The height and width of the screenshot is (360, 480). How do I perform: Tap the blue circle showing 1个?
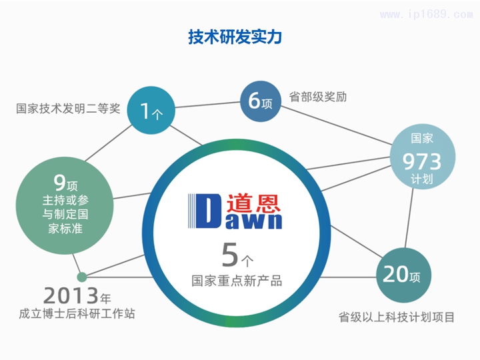pyautogui.click(x=151, y=111)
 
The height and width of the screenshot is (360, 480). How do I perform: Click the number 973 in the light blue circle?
pyautogui.click(x=421, y=161)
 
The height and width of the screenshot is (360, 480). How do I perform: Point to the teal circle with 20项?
pyautogui.click(x=402, y=274)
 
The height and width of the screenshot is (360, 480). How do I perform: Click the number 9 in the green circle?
pyautogui.click(x=59, y=181)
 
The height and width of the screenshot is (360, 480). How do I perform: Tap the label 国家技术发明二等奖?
pyautogui.click(x=68, y=108)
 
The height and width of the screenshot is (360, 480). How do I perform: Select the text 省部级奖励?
pyautogui.click(x=318, y=97)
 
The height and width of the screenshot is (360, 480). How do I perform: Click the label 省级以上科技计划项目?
pyautogui.click(x=397, y=317)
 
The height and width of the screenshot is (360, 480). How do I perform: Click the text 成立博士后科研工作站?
pyautogui.click(x=77, y=313)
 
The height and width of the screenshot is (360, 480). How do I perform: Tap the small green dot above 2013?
pyautogui.click(x=82, y=277)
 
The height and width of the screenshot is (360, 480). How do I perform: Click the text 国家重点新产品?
pyautogui.click(x=236, y=280)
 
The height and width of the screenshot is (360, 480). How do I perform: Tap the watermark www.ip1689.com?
pyautogui.click(x=431, y=15)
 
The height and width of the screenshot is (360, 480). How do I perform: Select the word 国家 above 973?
pyautogui.click(x=421, y=139)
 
